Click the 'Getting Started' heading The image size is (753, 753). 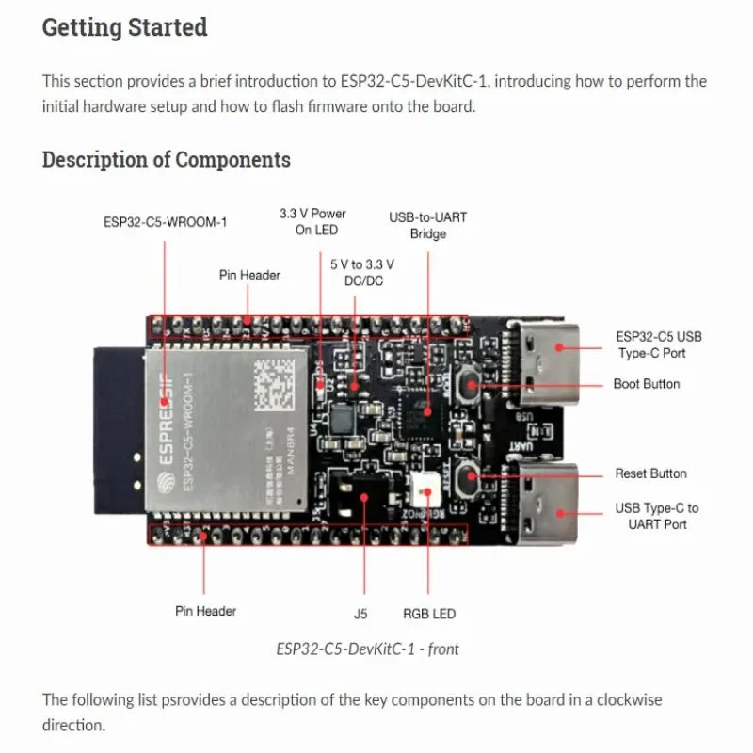(x=124, y=27)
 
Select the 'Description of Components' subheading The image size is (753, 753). (x=166, y=159)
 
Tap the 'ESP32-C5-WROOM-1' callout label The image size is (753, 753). (x=165, y=223)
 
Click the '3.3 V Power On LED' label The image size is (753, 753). (x=312, y=221)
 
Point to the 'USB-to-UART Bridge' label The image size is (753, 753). (x=427, y=225)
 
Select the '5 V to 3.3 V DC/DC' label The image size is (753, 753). (x=362, y=273)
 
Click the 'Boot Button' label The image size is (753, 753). (x=646, y=384)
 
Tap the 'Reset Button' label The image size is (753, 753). (x=650, y=473)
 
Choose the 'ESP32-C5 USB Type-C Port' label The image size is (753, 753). (x=658, y=344)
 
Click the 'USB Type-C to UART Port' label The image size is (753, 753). (x=657, y=516)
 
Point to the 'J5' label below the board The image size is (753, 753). (x=360, y=614)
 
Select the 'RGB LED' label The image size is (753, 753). (x=429, y=614)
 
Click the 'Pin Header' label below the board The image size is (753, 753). (x=205, y=611)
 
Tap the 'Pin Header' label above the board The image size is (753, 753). (x=249, y=275)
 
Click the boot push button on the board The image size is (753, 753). (x=468, y=385)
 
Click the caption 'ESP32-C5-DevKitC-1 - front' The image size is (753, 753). (x=367, y=649)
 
